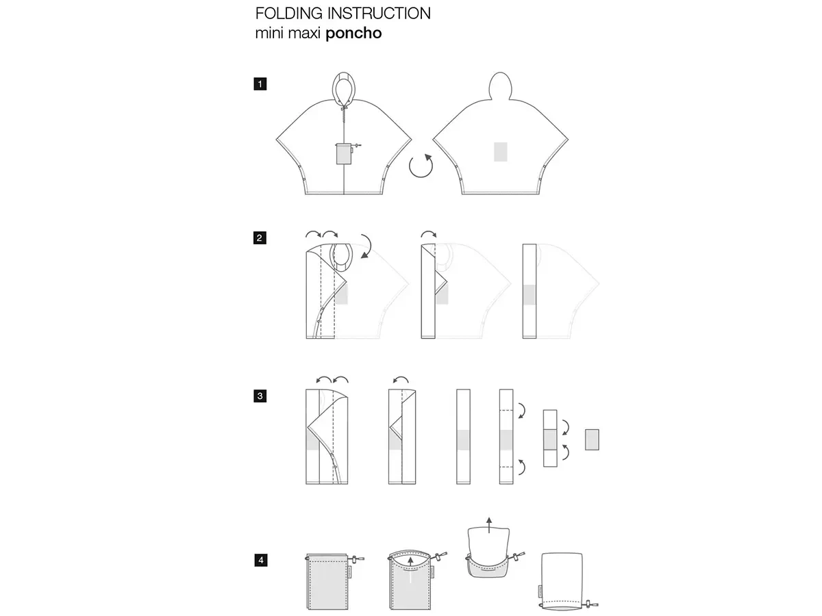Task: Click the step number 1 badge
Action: (260, 84)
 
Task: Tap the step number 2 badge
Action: (260, 238)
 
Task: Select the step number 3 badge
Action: (260, 396)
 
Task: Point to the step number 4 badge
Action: (261, 560)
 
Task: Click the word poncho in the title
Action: (353, 34)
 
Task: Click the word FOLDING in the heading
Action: (289, 14)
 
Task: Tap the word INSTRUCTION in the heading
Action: (379, 14)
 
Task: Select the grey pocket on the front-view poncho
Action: (343, 154)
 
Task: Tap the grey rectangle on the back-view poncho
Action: (500, 152)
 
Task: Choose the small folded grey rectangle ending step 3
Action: (592, 439)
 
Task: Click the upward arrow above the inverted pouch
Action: (488, 525)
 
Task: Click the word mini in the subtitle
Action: (269, 34)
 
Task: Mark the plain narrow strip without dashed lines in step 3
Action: (463, 437)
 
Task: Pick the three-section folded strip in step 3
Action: (550, 438)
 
